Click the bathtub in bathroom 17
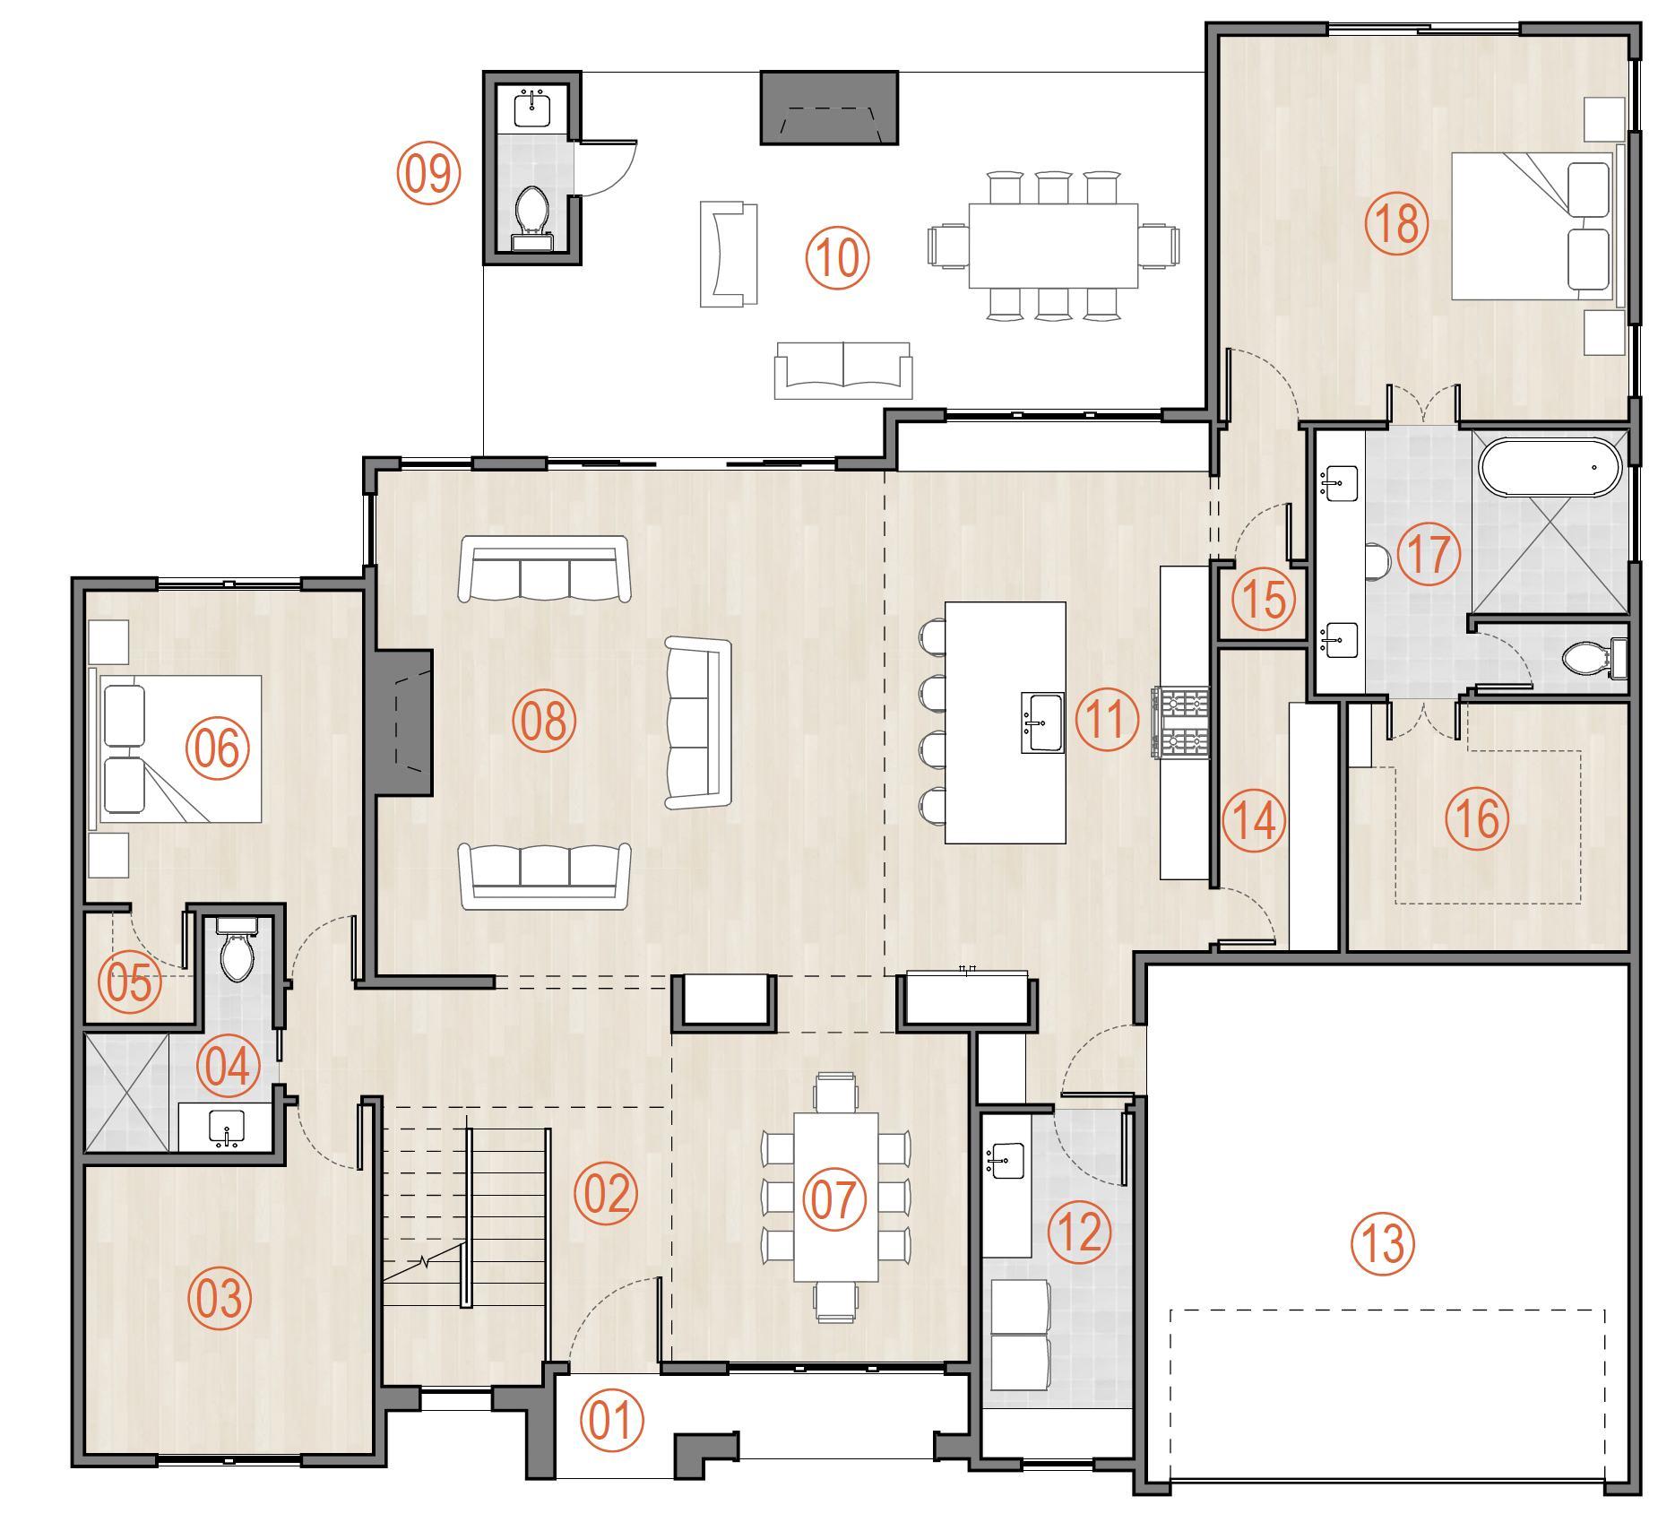click(x=1550, y=467)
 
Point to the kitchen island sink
click(x=1041, y=722)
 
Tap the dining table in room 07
click(x=835, y=1197)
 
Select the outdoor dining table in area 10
click(x=1053, y=246)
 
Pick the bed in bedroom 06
click(x=177, y=748)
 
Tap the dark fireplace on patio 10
click(x=829, y=108)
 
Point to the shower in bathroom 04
click(x=126, y=1092)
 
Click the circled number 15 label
click(x=1264, y=599)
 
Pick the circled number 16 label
click(x=1478, y=817)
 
